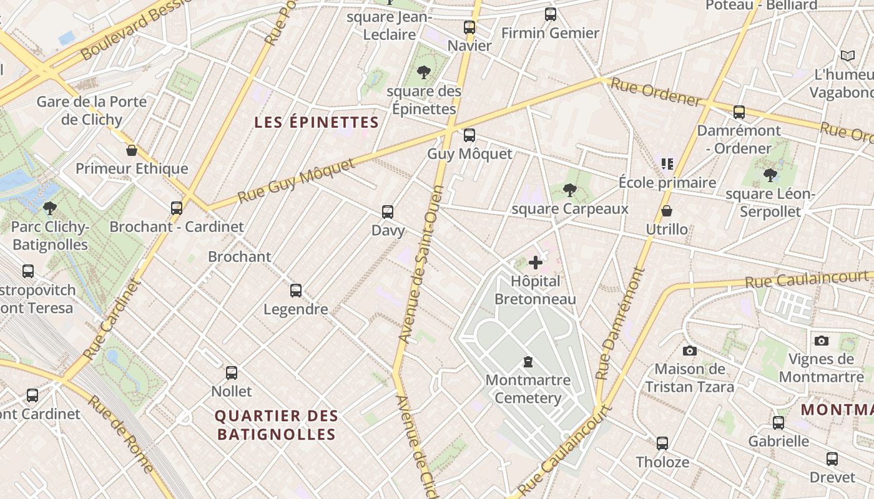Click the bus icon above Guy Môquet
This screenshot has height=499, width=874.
click(469, 135)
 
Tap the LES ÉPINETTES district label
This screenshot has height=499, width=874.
click(317, 122)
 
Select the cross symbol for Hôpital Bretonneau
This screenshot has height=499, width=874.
click(536, 263)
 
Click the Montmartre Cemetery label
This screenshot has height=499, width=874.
click(528, 389)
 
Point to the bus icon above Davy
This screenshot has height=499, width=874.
click(388, 212)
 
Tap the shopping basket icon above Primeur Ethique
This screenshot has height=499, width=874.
click(132, 150)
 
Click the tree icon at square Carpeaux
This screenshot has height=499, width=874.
click(569, 190)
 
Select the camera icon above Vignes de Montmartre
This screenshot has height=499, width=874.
click(822, 341)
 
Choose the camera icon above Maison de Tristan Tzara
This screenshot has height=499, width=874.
click(690, 351)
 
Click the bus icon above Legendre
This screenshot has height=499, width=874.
click(296, 291)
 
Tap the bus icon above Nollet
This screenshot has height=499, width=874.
click(232, 373)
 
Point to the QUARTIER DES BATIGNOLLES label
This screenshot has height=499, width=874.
click(277, 425)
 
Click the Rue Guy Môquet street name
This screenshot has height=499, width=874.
click(296, 181)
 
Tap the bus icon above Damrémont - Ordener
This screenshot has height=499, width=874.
click(739, 112)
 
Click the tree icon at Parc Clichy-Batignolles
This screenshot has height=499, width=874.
click(50, 208)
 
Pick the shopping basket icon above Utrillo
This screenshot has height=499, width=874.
click(667, 211)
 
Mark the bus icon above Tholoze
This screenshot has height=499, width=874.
click(662, 443)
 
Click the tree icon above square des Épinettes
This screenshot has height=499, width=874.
click(424, 72)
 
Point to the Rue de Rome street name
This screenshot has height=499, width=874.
click(121, 434)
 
